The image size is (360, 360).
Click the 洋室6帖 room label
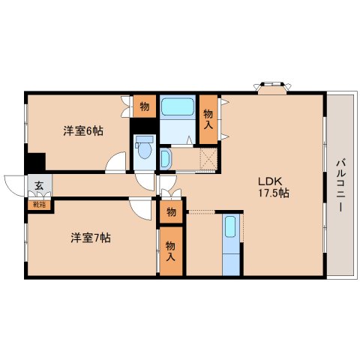tap(83, 131)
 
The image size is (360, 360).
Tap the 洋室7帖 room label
tap(91, 238)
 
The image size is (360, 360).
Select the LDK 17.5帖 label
tap(274, 187)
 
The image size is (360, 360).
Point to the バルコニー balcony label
tap(340, 185)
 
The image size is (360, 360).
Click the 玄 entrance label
tap(39, 185)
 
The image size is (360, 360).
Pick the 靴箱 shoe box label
tap(40, 205)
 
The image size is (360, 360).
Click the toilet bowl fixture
tap(145, 148)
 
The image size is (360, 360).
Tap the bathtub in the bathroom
tap(178, 106)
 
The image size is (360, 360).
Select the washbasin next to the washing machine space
tap(165, 159)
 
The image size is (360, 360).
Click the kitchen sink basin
tap(230, 226)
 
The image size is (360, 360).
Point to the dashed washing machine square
tap(208, 159)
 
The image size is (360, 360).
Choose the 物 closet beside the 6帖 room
tap(145, 106)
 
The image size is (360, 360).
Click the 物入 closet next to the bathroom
tap(208, 119)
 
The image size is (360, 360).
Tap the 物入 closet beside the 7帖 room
tap(171, 251)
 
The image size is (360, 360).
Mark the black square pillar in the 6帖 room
tap(35, 162)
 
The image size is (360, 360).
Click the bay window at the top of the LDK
tap(272, 88)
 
